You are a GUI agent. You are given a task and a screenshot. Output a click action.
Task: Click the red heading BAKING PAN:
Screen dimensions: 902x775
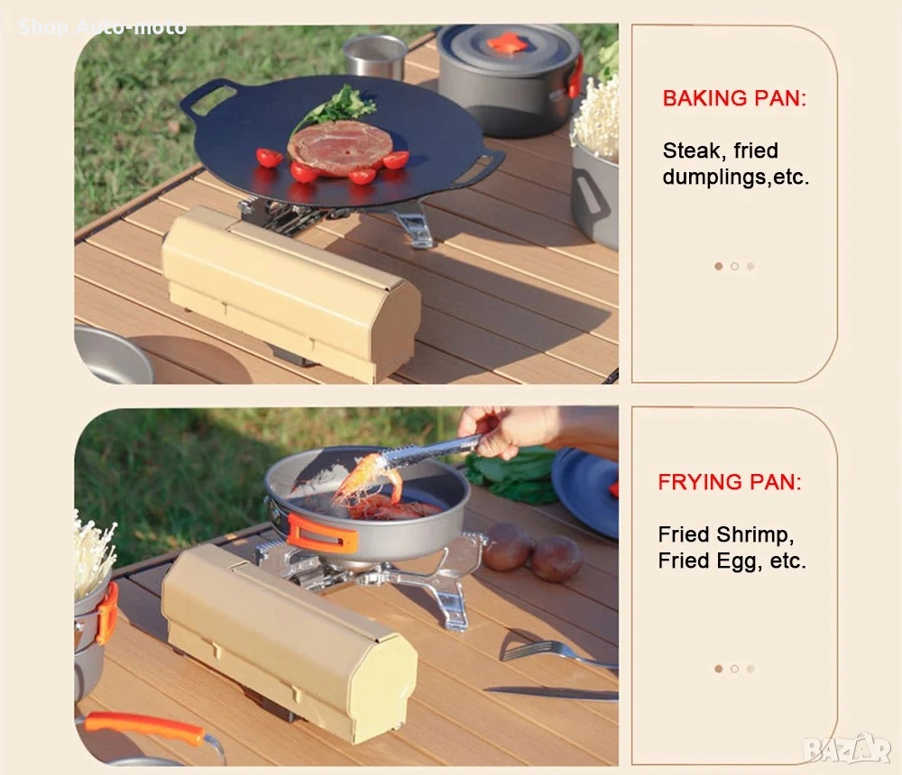734,98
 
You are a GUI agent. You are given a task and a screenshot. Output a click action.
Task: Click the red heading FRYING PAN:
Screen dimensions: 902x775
730,482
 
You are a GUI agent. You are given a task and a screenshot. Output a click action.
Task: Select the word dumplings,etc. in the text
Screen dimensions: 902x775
736,178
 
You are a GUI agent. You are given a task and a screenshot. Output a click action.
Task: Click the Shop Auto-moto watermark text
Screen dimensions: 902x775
103,27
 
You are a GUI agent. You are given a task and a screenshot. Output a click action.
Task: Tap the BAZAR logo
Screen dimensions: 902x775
847,748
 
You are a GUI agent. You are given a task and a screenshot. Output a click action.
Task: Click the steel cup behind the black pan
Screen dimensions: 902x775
375,56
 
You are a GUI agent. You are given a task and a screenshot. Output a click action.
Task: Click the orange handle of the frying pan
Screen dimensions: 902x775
322,533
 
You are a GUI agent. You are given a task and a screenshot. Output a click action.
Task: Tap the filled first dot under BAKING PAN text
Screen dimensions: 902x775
719,266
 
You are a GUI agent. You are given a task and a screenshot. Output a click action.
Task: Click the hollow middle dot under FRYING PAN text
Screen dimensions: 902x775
734,669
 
